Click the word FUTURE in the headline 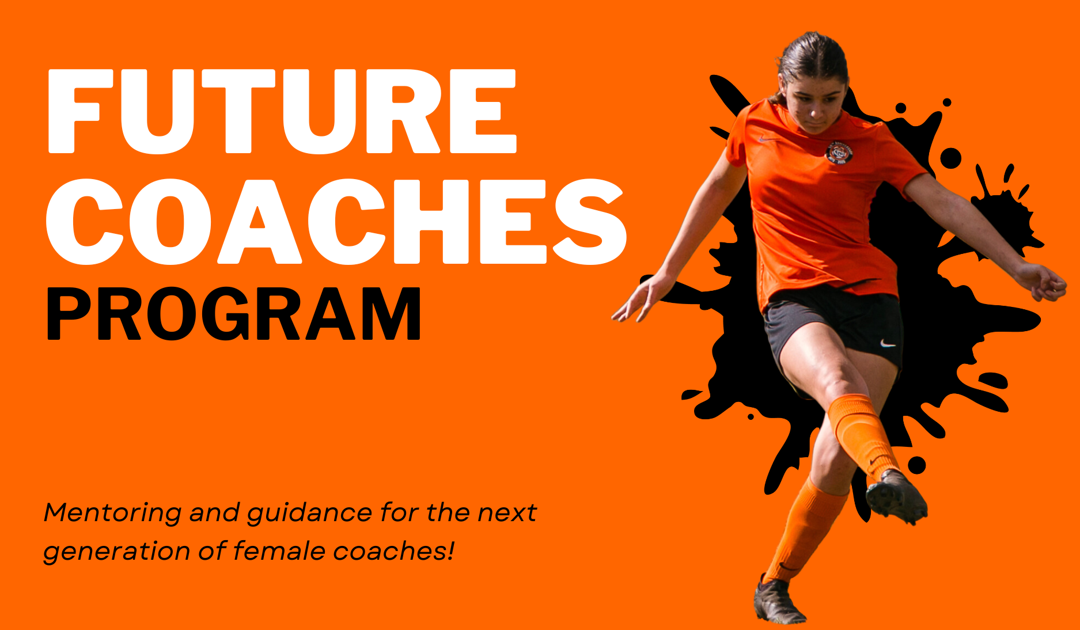tap(282, 112)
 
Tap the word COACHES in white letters tap(336, 221)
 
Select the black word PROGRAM tap(233, 314)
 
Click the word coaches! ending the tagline tap(394, 551)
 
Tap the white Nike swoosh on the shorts tap(888, 344)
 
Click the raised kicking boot tap(896, 496)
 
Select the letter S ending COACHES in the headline tap(590, 221)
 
